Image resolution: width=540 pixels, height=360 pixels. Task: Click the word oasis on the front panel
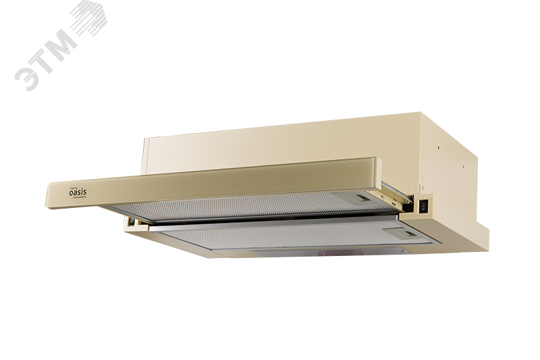pos(78,190)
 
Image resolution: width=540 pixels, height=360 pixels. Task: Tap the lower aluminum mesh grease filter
pos(290,238)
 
